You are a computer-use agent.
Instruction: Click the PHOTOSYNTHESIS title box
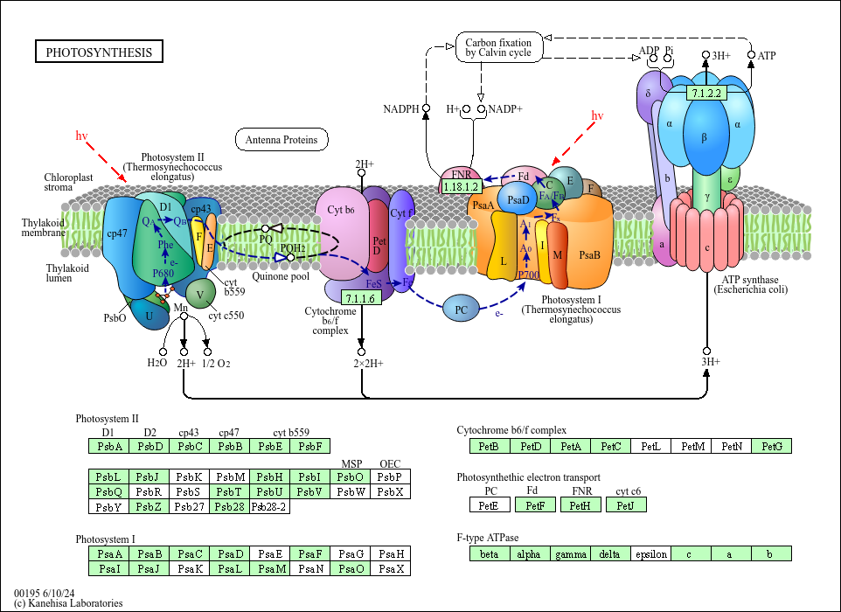coord(99,52)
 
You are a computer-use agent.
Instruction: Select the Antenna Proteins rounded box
coord(281,139)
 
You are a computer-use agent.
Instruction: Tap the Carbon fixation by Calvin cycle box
coord(497,47)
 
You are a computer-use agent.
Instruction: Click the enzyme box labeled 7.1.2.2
coord(705,93)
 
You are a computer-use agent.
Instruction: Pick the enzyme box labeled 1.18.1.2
coord(461,186)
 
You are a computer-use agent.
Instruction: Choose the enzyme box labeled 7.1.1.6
coord(360,298)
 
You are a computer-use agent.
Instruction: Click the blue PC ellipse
coord(461,309)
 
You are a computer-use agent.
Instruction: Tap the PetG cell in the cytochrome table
coord(771,447)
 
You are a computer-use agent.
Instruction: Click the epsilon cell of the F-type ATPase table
coord(651,553)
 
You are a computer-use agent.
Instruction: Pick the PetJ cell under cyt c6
coord(625,504)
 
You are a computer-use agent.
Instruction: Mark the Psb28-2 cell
coord(269,506)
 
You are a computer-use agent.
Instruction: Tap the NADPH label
coord(400,109)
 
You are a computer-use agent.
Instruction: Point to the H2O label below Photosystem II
coord(156,363)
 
